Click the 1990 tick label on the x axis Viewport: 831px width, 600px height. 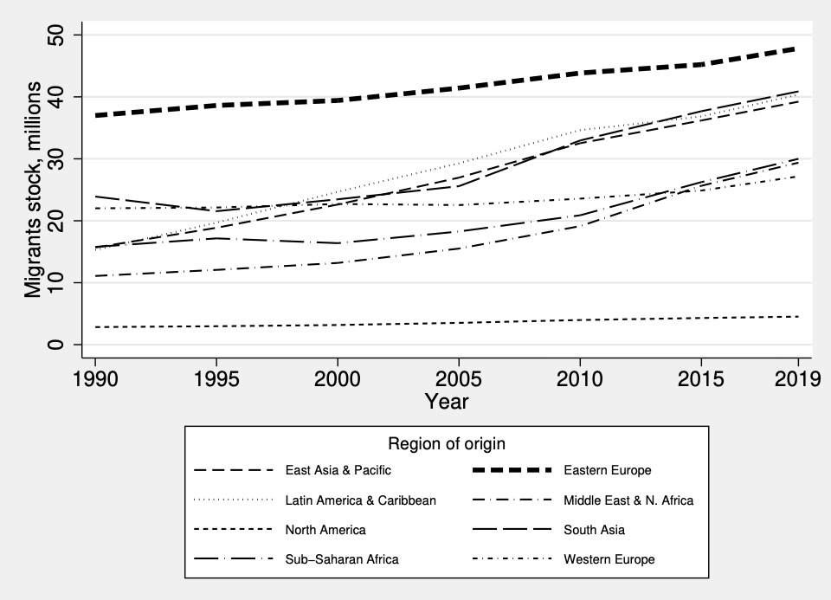pyautogui.click(x=94, y=379)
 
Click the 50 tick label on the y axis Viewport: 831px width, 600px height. pyautogui.click(x=57, y=35)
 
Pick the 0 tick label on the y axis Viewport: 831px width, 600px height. pyautogui.click(x=57, y=345)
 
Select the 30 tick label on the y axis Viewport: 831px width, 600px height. pyautogui.click(x=57, y=158)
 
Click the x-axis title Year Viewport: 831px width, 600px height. pyautogui.click(x=447, y=402)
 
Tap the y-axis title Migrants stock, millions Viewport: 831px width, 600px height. pyautogui.click(x=33, y=190)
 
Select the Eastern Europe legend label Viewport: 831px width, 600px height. pyautogui.click(x=607, y=470)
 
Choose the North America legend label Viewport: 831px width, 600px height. pyautogui.click(x=325, y=530)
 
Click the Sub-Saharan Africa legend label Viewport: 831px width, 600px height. pyautogui.click(x=342, y=559)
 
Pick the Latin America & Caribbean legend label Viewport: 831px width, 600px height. pyautogui.click(x=361, y=500)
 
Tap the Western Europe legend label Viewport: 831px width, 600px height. pyautogui.click(x=609, y=559)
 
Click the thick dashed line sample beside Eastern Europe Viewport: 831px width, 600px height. pyautogui.click(x=512, y=470)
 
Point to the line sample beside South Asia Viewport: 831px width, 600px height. pyautogui.click(x=512, y=530)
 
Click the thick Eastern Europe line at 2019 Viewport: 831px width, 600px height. pyautogui.click(x=795, y=49)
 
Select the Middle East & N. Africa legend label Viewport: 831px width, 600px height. pyautogui.click(x=628, y=500)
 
